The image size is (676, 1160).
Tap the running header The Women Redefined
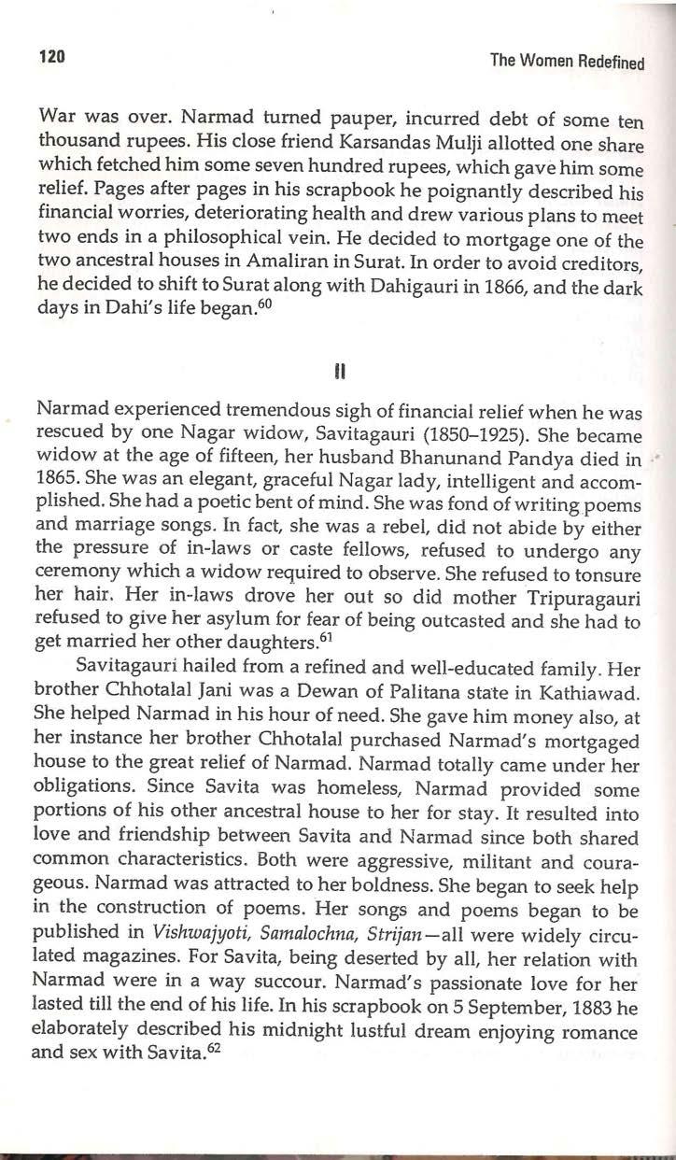pos(567,63)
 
